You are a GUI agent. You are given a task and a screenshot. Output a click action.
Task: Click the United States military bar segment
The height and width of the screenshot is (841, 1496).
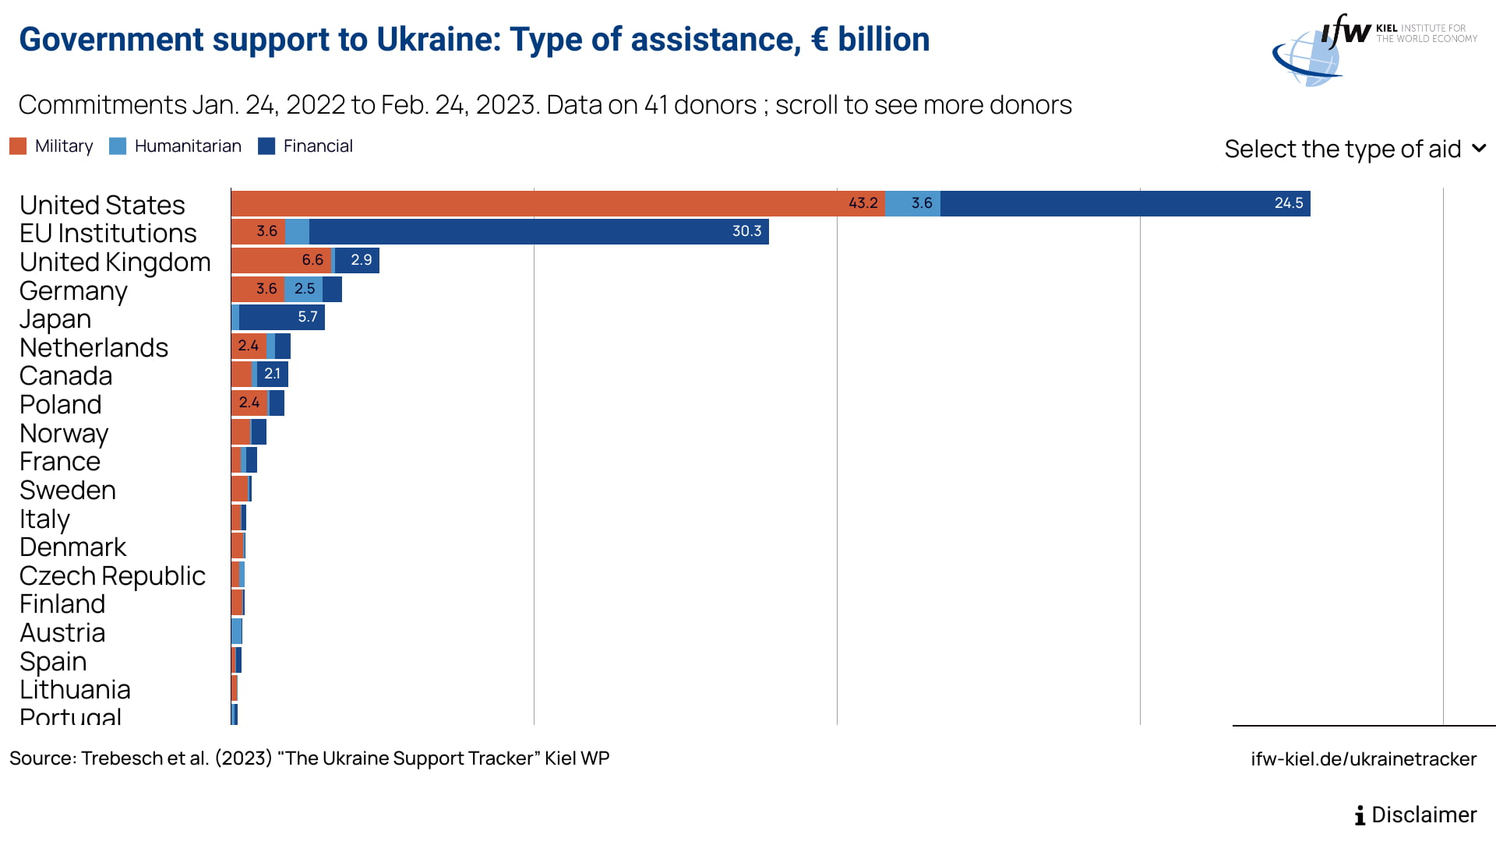tap(558, 203)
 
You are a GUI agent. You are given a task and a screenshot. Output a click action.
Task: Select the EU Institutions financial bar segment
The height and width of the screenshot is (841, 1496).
tap(539, 231)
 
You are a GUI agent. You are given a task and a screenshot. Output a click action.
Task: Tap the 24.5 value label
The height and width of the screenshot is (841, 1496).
tap(1289, 203)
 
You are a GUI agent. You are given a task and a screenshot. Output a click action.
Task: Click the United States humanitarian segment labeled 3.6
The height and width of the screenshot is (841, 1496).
tap(912, 203)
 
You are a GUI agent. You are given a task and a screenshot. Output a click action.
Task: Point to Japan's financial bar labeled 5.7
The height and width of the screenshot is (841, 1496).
tap(282, 317)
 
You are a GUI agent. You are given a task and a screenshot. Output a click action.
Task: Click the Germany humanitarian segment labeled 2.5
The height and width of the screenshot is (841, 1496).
tap(303, 289)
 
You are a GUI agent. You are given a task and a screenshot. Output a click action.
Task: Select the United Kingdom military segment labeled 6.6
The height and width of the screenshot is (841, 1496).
tap(281, 260)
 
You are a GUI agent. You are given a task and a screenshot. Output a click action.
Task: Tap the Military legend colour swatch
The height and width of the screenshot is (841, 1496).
tap(18, 146)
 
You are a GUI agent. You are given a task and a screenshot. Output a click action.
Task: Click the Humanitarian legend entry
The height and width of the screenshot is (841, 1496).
tap(175, 146)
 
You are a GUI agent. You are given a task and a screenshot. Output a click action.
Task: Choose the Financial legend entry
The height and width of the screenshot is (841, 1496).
tap(305, 146)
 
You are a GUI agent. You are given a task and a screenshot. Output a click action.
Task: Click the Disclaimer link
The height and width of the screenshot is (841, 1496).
tap(1415, 815)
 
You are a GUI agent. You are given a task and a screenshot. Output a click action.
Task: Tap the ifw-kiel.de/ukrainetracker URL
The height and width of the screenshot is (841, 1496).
tap(1364, 759)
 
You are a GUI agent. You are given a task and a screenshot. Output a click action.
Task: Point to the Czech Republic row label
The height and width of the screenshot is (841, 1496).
tap(112, 575)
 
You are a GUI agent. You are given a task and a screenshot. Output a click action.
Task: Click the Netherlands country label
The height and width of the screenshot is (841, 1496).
tap(93, 347)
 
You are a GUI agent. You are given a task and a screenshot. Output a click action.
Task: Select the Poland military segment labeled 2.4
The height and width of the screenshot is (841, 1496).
tap(249, 403)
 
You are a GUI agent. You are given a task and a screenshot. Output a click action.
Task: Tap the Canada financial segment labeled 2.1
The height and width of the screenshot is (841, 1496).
tap(273, 374)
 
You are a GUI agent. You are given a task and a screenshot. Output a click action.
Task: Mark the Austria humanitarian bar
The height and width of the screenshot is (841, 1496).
tap(237, 631)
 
